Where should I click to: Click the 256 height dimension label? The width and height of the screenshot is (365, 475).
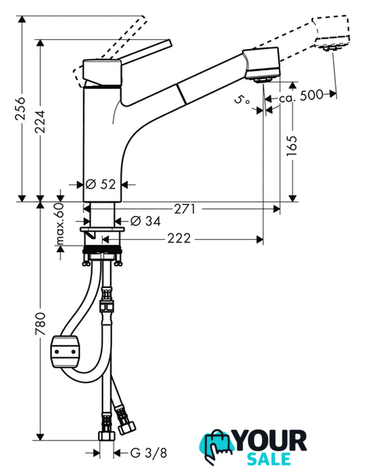[x=22, y=108]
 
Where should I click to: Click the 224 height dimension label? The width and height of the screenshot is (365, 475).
[x=39, y=121]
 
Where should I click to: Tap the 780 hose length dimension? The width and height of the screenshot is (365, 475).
[x=39, y=324]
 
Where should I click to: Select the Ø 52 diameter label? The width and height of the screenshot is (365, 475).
[x=101, y=184]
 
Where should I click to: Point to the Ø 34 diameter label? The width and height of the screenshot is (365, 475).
[x=145, y=221]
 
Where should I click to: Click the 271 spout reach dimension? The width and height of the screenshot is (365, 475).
[x=185, y=209]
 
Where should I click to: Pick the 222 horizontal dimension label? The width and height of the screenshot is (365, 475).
[x=180, y=239]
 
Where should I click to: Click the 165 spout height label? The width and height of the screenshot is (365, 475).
[x=292, y=146]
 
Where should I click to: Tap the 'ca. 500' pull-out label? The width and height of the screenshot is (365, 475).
[x=301, y=96]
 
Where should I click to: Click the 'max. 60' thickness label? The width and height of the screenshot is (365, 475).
[x=60, y=223]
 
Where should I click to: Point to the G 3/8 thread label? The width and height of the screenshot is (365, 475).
[x=148, y=453]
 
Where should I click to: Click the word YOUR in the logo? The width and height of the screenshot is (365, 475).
[x=271, y=441]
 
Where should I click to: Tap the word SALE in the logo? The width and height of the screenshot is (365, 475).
[x=269, y=459]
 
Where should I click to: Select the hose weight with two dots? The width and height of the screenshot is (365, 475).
[x=65, y=352]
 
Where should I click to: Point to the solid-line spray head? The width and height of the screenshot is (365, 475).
[x=261, y=65]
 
